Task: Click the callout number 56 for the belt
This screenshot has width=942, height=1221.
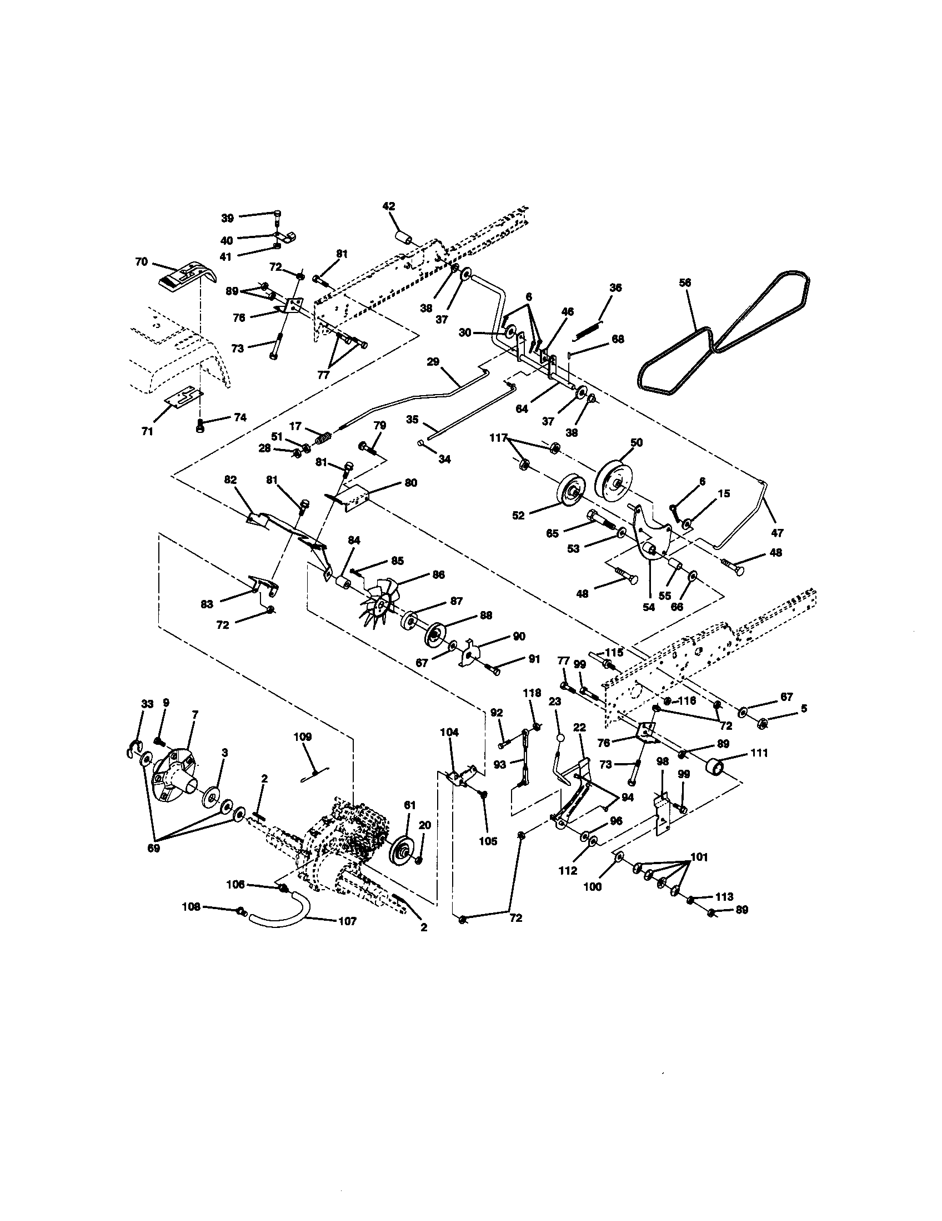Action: coord(685,283)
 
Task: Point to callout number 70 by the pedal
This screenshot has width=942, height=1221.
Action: coord(141,261)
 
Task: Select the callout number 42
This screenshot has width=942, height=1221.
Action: coord(388,206)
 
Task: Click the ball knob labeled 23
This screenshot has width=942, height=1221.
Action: coord(560,738)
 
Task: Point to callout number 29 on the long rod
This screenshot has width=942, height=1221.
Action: coord(433,362)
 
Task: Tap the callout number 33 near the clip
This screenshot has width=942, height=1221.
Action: coord(147,704)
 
